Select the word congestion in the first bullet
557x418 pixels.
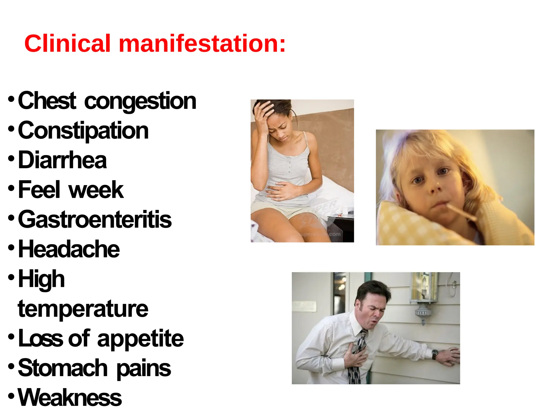tap(140, 101)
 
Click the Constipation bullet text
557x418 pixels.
tap(83, 131)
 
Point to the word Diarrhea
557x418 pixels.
tap(62, 160)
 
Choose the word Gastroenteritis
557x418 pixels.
tap(95, 220)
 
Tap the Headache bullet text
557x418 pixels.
tap(69, 249)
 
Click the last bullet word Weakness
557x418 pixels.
tap(70, 398)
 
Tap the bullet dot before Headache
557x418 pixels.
tap(11, 248)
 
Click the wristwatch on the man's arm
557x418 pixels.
tap(435, 354)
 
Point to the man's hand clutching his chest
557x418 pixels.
tap(354, 356)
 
